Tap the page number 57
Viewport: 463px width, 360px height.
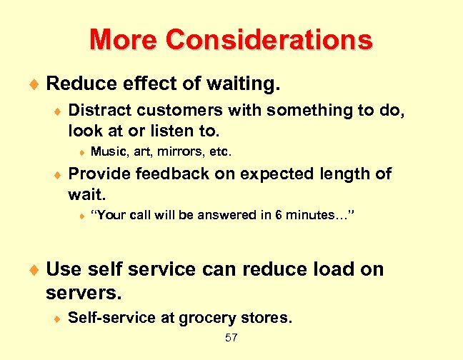click(231, 338)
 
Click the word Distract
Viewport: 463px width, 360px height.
click(99, 111)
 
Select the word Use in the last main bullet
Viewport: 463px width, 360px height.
click(64, 269)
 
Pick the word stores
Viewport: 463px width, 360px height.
click(268, 319)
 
